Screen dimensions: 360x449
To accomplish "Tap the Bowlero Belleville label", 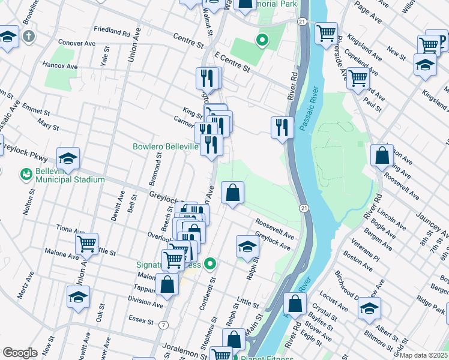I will click(166, 146).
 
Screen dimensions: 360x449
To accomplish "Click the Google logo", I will click(20, 353).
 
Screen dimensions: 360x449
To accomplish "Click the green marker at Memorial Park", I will click(262, 41).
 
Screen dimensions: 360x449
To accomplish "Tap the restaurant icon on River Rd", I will click(282, 127).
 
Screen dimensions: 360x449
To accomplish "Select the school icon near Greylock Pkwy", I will click(68, 158).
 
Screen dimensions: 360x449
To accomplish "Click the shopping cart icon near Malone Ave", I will click(87, 244).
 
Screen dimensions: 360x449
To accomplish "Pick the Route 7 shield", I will click(163, 325).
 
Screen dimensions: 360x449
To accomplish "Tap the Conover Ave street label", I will click(76, 43).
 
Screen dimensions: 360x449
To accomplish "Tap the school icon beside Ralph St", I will click(247, 246).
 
